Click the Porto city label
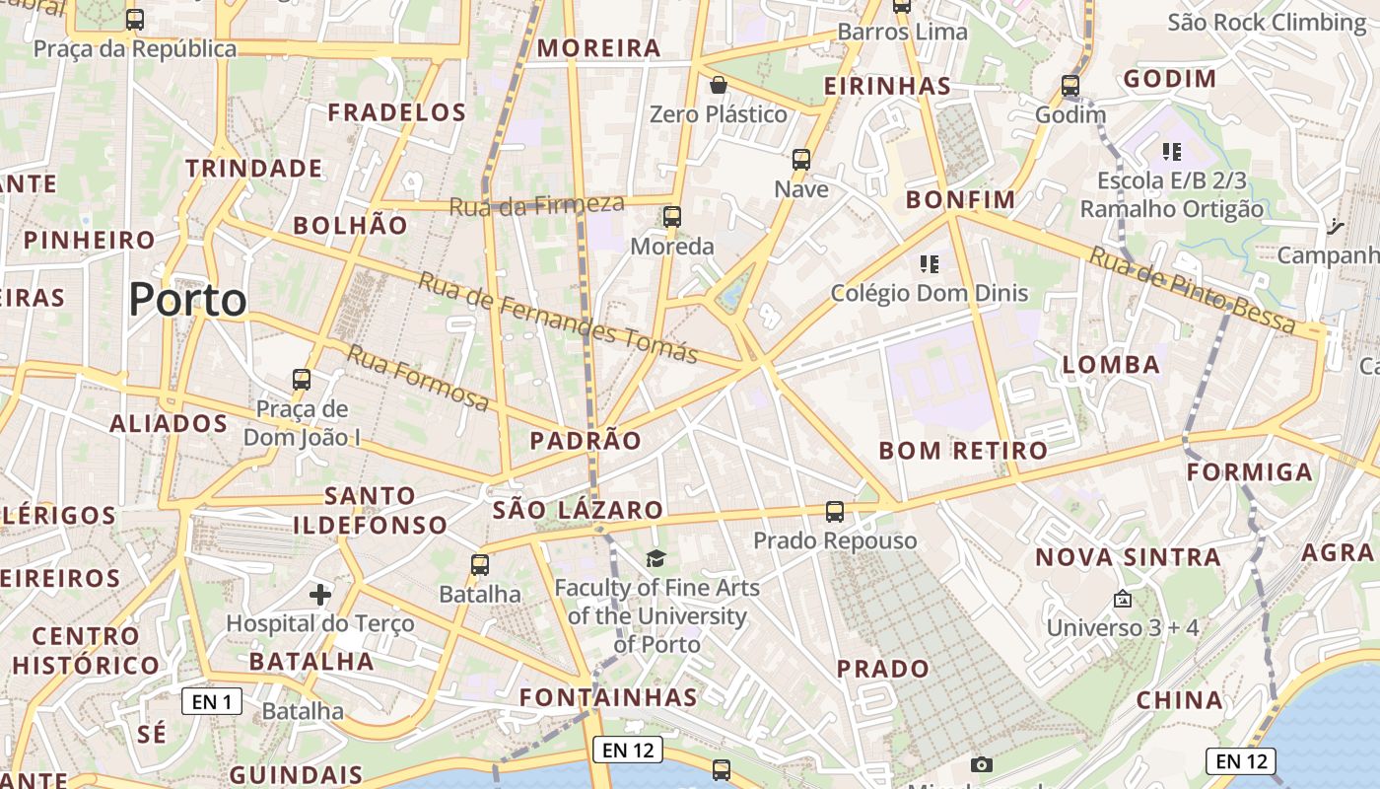[187, 300]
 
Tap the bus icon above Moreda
[672, 217]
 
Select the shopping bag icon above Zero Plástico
[719, 85]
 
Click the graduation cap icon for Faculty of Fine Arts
[656, 559]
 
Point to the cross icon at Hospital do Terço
[320, 594]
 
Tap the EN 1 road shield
[212, 701]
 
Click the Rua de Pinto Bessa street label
[1192, 289]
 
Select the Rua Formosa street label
[417, 378]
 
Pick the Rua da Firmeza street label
[537, 205]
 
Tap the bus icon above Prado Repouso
[835, 511]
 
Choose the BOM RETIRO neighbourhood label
[963, 452]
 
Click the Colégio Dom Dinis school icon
[929, 263]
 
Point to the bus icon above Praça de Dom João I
[302, 379]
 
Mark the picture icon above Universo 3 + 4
[1122, 599]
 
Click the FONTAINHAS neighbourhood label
[609, 697]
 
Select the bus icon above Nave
[801, 159]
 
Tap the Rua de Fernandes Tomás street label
[558, 317]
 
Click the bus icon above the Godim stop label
[1070, 86]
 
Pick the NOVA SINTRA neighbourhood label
[1128, 557]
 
